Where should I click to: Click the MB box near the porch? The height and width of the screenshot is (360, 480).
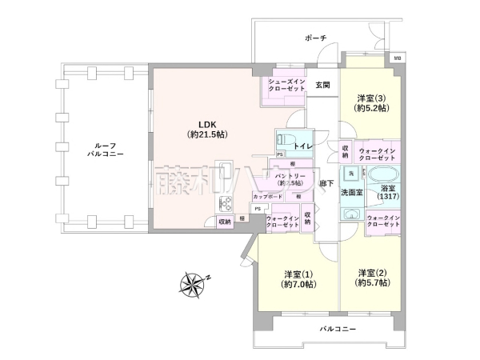click(x=396, y=58)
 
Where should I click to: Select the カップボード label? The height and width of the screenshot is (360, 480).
click(x=266, y=197)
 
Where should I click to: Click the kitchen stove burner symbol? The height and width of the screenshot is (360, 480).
click(x=223, y=204)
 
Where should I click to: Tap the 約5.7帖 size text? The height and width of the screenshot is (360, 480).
click(x=374, y=283)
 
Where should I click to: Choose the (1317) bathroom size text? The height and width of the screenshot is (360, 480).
click(x=386, y=197)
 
